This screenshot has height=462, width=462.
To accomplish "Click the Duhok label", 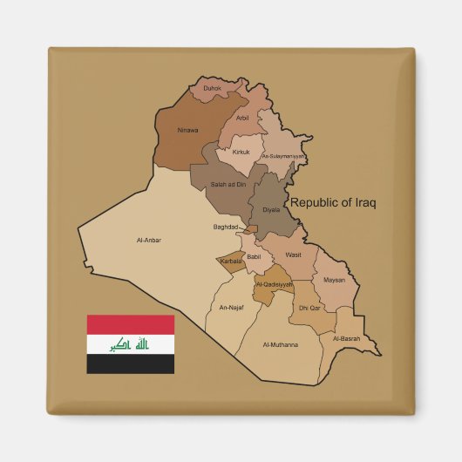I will [x=212, y=88].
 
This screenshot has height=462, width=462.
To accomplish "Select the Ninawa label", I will [x=187, y=130].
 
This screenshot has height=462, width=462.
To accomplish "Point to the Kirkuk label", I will [x=241, y=152].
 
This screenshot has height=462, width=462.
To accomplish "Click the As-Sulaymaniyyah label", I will [x=283, y=156].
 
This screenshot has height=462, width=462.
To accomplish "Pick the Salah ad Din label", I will [x=228, y=184].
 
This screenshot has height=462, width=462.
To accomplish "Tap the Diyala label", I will [x=271, y=209].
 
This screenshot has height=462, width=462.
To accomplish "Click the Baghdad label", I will [x=226, y=228].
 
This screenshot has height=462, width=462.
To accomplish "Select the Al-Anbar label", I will [x=149, y=240].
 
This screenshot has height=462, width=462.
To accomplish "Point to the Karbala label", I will [x=231, y=261].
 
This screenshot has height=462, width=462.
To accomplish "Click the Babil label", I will [x=254, y=257].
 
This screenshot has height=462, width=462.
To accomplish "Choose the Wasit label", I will [x=293, y=255].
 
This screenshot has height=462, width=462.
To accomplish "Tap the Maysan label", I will [x=334, y=280].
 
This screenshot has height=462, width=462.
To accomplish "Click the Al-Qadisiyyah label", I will [x=275, y=284].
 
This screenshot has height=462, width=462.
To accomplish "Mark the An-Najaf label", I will [x=231, y=307].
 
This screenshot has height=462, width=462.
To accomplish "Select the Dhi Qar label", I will [x=309, y=308].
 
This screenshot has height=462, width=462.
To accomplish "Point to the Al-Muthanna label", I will [x=280, y=344].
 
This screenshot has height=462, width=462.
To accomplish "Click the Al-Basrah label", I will [x=346, y=338].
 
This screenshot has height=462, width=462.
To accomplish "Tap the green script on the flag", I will [x=130, y=344].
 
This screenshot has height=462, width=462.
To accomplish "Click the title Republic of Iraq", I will [x=333, y=202].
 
